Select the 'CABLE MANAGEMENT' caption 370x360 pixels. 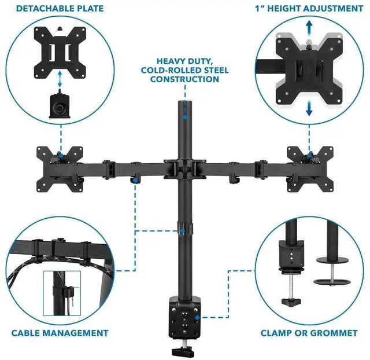60,333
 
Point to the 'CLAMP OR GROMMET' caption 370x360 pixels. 309,333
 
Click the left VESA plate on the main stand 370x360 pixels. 58,168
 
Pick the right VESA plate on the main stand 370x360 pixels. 309,168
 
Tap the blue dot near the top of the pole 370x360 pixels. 184,116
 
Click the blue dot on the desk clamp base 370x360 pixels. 198,317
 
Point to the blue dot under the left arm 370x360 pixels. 134,181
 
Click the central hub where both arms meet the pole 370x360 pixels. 185,168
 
